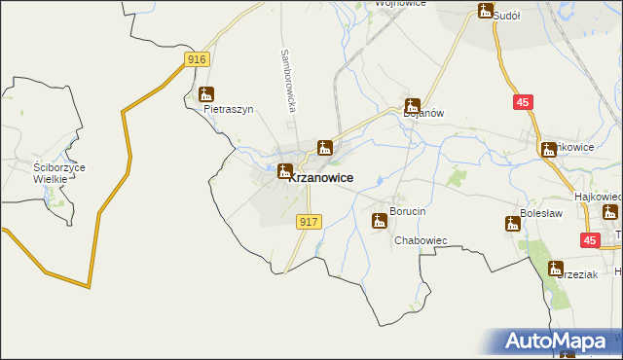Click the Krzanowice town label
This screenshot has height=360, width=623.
[322, 178]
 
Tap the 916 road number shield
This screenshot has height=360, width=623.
[197, 59]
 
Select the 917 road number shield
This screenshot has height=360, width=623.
[309, 222]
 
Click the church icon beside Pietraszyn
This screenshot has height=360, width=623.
[205, 94]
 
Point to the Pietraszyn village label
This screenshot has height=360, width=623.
[228, 110]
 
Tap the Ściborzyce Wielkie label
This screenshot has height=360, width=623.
[58, 173]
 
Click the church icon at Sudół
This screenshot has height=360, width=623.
[486, 11]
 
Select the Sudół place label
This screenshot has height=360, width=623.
[508, 16]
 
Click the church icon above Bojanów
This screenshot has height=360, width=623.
[413, 105]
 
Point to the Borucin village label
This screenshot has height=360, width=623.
[408, 211]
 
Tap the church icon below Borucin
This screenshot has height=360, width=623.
[379, 221]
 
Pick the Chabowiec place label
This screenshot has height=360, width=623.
[420, 240]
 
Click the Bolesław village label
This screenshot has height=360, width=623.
[542, 210]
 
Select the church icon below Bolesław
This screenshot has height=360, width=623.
[513, 224]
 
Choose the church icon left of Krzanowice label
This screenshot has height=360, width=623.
[284, 172]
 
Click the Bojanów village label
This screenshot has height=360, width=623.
[423, 113]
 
